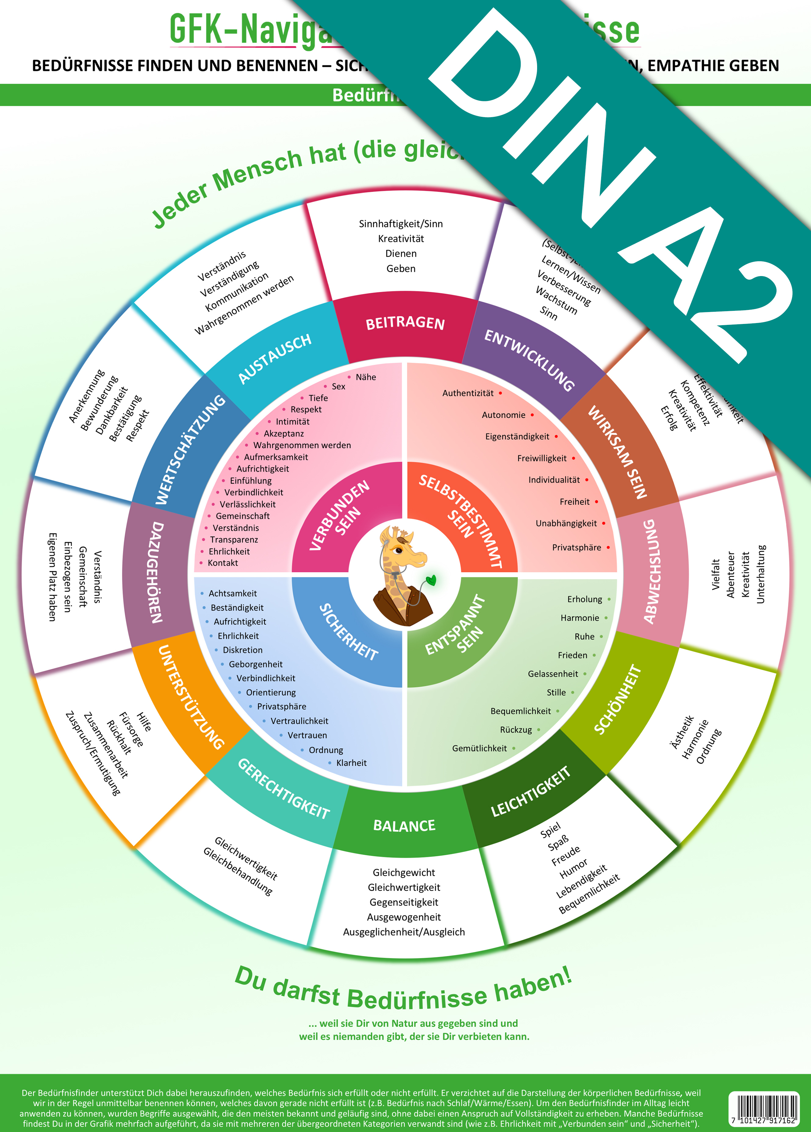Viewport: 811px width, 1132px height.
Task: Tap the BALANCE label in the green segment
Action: (404, 825)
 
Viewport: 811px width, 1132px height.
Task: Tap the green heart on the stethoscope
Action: (431, 580)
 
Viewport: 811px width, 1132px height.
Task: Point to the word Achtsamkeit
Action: (233, 593)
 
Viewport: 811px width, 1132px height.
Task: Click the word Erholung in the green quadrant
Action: (584, 599)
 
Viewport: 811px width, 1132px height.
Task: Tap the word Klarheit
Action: (351, 763)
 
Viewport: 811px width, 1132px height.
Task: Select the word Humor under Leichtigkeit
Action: (573, 869)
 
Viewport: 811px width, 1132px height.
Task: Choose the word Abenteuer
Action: (731, 574)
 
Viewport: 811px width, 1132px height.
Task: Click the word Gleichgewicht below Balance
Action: (404, 872)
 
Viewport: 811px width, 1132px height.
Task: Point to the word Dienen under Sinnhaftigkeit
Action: (401, 253)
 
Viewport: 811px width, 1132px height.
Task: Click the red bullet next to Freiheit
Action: (596, 501)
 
